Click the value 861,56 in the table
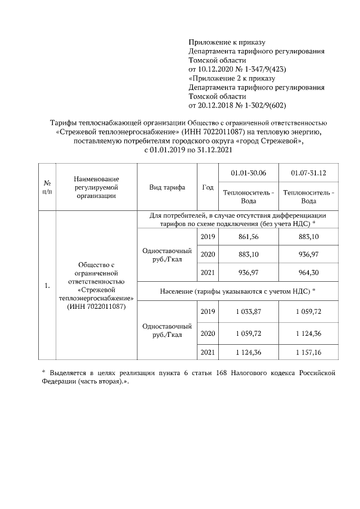coord(247,237)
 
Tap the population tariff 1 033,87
coord(247,312)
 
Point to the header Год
coord(208,187)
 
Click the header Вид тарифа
coord(167,187)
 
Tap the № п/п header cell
coord(47,187)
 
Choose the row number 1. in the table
coord(47,286)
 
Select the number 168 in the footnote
coord(223,372)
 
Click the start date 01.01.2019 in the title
coord(169,150)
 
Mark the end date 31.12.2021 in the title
coord(213,150)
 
